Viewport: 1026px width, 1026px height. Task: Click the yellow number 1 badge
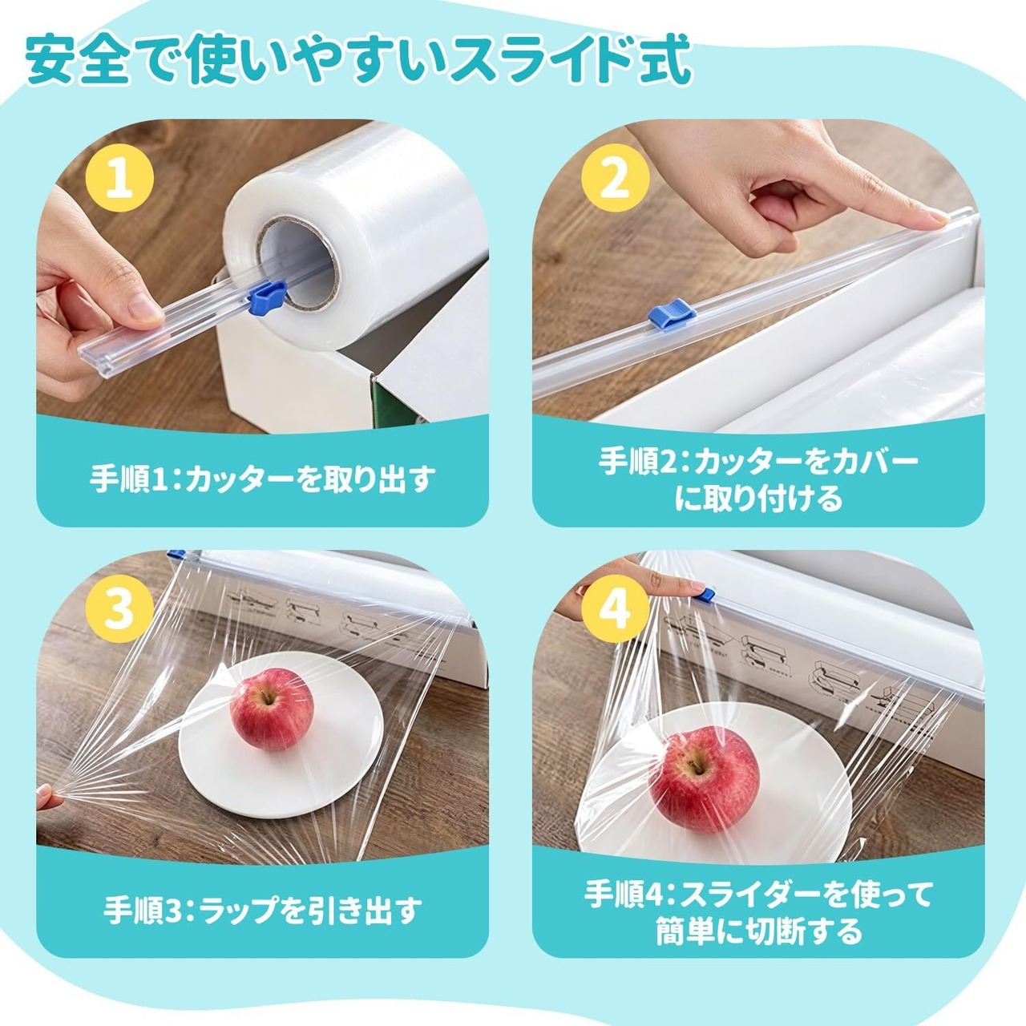[x=120, y=177]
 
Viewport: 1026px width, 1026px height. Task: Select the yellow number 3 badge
[x=120, y=608]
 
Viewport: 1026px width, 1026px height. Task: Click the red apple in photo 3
[x=272, y=709]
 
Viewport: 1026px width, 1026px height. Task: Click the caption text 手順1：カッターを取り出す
[x=261, y=479]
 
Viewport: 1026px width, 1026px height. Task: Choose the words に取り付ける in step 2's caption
[x=758, y=499]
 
